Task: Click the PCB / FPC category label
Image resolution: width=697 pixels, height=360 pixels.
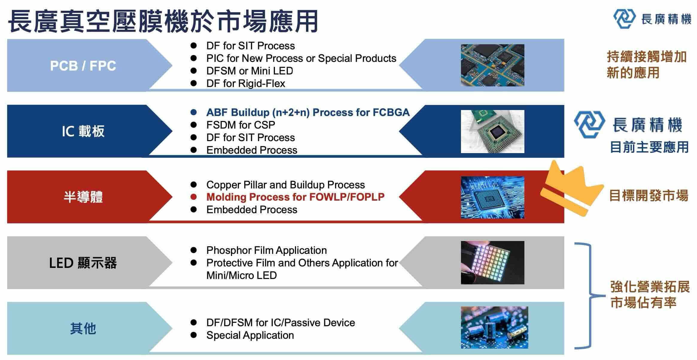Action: (x=83, y=66)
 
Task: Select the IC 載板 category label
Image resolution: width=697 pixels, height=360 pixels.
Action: (x=83, y=131)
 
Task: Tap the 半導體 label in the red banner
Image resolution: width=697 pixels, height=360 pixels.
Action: (x=83, y=197)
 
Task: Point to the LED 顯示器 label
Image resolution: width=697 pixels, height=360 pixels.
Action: (x=83, y=263)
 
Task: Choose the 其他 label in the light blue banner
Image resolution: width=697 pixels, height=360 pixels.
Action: (x=83, y=328)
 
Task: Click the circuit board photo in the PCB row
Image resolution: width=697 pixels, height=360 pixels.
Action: (x=492, y=65)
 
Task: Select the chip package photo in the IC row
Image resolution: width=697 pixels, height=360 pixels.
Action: (x=492, y=131)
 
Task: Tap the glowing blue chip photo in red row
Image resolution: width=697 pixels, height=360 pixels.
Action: (x=492, y=197)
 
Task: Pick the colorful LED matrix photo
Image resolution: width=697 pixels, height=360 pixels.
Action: (x=492, y=263)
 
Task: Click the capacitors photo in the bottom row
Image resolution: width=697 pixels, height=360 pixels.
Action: (x=494, y=327)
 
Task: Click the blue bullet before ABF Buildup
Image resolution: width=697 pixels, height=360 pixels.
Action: (x=194, y=112)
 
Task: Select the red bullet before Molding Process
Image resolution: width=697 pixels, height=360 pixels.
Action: (x=194, y=197)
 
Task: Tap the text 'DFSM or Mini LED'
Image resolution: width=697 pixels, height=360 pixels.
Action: (x=249, y=71)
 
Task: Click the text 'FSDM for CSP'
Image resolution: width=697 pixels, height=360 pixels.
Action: (x=241, y=125)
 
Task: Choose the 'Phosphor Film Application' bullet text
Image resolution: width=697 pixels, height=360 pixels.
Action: (x=266, y=250)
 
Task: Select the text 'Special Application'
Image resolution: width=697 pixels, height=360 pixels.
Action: (x=250, y=335)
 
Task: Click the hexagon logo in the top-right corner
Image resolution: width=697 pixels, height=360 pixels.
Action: (x=624, y=19)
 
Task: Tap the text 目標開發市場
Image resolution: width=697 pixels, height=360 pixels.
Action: (x=649, y=196)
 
